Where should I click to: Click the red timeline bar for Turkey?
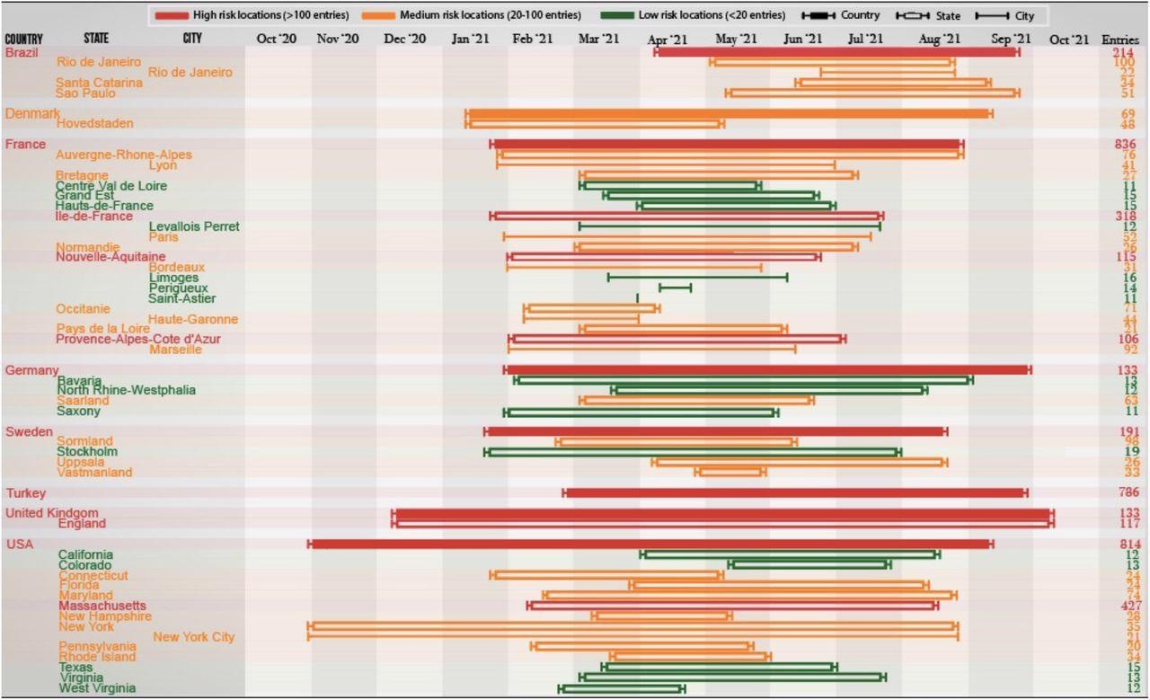[795, 492]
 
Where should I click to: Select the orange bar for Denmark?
[728, 113]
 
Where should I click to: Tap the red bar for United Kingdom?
[722, 513]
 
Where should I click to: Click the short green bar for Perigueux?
[675, 288]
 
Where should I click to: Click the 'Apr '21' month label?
[668, 39]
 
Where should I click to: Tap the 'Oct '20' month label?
[277, 39]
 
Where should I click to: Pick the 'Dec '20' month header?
[405, 39]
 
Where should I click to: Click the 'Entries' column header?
[1120, 39]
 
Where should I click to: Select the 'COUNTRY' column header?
[23, 39]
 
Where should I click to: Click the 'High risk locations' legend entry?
[261, 15]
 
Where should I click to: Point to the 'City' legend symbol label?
[1024, 15]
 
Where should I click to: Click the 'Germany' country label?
[31, 370]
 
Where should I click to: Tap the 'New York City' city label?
[193, 637]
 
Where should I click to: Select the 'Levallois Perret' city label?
[194, 226]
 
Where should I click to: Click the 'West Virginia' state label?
[97, 688]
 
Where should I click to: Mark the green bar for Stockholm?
[692, 452]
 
